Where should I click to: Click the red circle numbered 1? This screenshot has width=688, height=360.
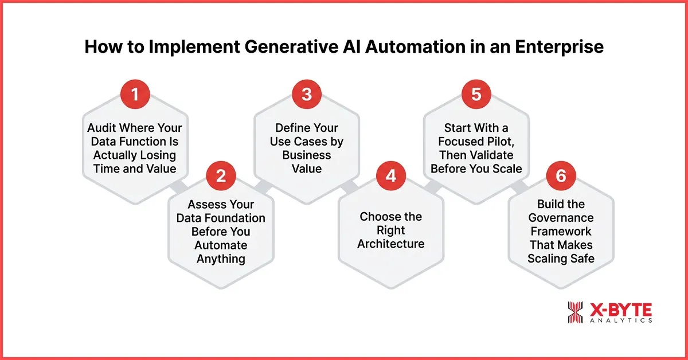pyautogui.click(x=135, y=95)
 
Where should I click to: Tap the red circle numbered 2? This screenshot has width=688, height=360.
pyautogui.click(x=221, y=176)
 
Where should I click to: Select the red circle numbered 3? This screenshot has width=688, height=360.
pyautogui.click(x=306, y=95)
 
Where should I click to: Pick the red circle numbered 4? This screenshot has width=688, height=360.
pyautogui.click(x=391, y=176)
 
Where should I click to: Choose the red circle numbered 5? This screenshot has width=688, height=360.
pyautogui.click(x=476, y=95)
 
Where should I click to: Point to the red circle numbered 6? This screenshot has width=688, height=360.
pyautogui.click(x=561, y=176)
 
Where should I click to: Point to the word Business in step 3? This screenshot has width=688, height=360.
pyautogui.click(x=306, y=155)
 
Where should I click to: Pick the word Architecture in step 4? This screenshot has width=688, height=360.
pyautogui.click(x=391, y=244)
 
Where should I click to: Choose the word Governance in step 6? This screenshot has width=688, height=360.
pyautogui.click(x=561, y=218)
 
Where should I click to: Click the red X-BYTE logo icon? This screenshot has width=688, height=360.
pyautogui.click(x=575, y=312)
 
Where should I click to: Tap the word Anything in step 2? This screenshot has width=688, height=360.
pyautogui.click(x=221, y=259)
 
